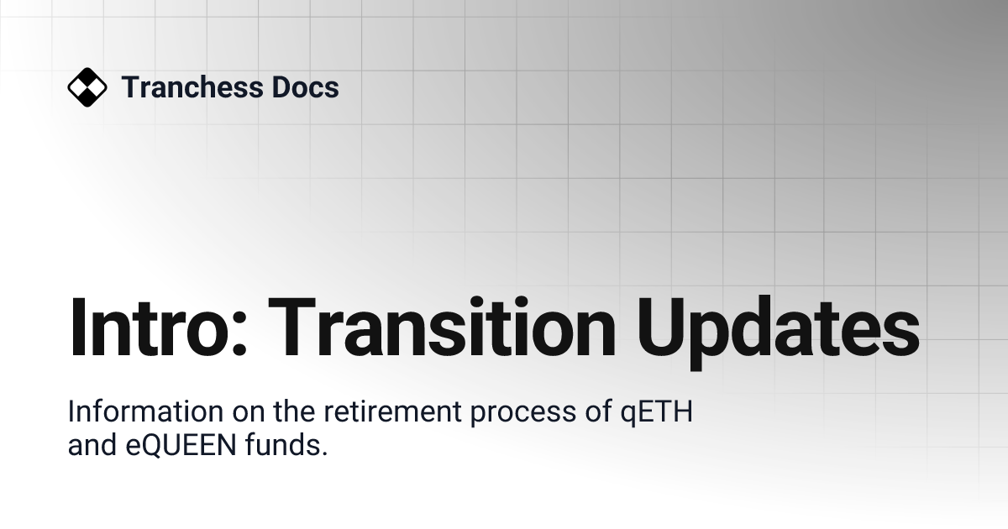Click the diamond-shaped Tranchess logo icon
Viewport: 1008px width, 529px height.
tap(87, 87)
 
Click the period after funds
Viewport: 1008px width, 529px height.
tap(323, 454)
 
